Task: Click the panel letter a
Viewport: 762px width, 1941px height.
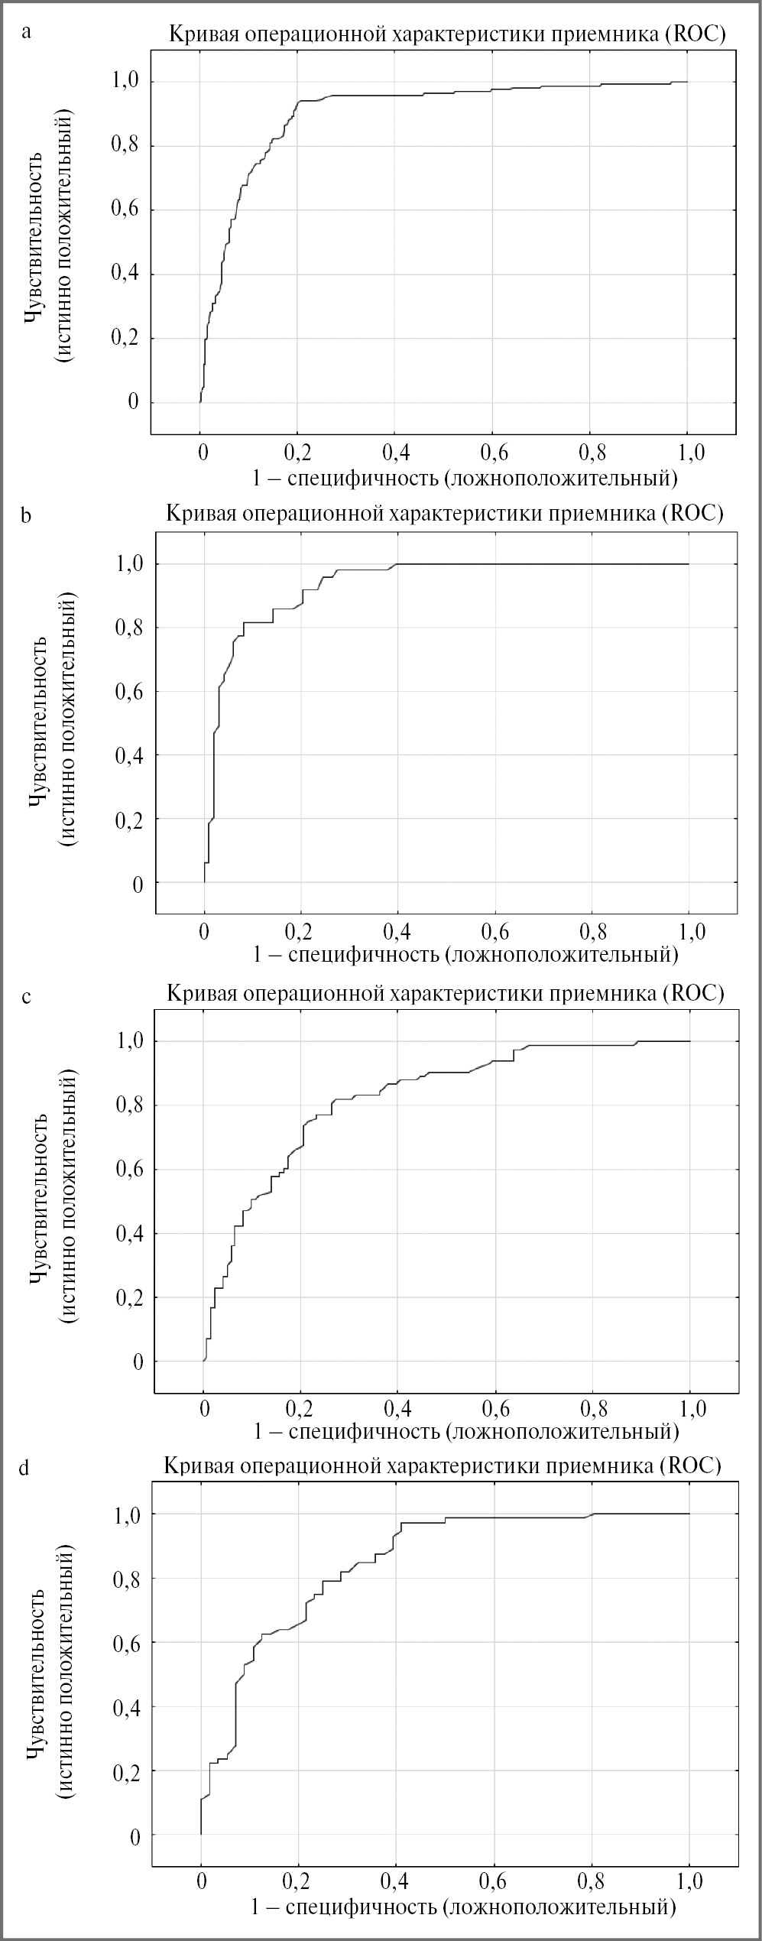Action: pyautogui.click(x=28, y=33)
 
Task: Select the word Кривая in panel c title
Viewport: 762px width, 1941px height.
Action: pyautogui.click(x=196, y=993)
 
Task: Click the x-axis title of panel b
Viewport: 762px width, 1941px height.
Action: pyautogui.click(x=466, y=954)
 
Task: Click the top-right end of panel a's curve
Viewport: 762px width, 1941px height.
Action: pyautogui.click(x=687, y=82)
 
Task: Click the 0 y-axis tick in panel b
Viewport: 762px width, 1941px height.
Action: pyautogui.click(x=138, y=884)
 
